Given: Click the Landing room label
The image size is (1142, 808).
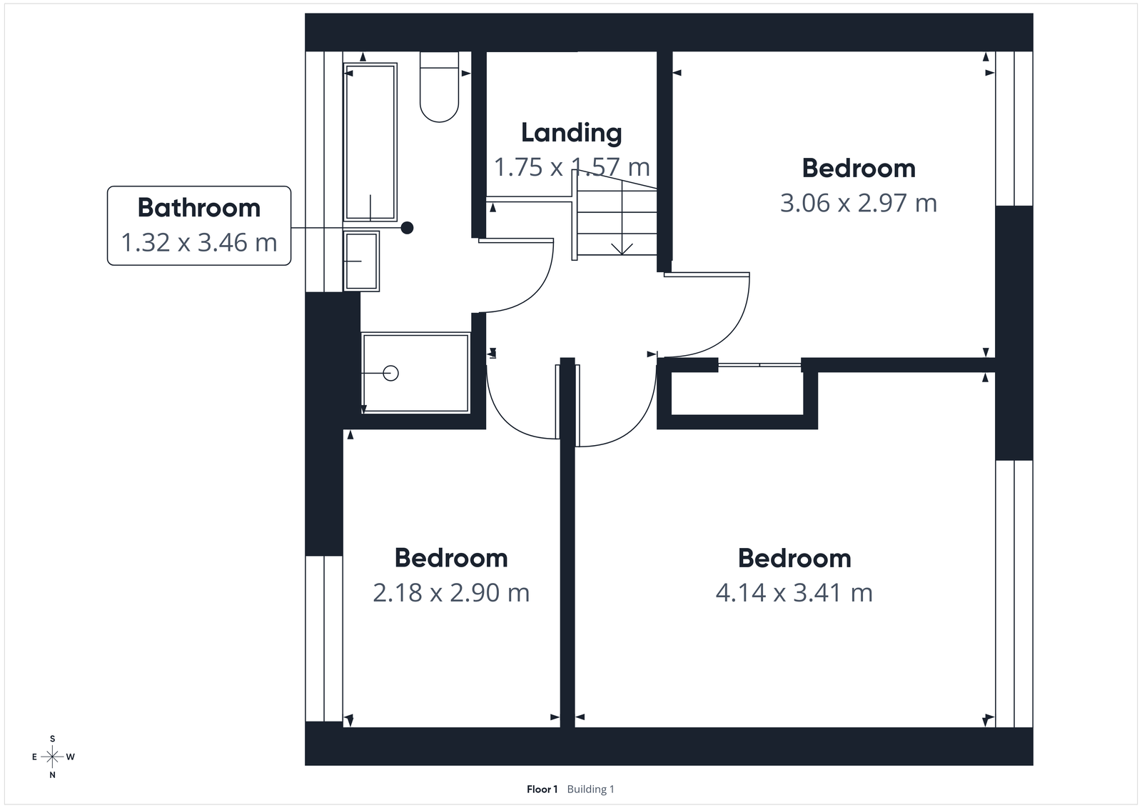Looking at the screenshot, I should point(571,133).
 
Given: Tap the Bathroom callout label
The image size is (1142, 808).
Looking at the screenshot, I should point(198,208).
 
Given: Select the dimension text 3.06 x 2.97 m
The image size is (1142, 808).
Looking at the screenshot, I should point(858,204).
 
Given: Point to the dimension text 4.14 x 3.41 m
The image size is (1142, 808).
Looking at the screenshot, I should point(794,593).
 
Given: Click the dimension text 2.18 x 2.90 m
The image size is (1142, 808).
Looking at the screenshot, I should point(451,593).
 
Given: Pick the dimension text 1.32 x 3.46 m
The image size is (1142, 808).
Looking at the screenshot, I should point(198,243).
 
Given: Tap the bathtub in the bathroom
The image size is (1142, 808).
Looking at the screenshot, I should point(370,141).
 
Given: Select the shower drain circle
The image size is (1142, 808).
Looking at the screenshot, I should point(390,373).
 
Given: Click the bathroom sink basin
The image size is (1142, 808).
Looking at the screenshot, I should point(361,261).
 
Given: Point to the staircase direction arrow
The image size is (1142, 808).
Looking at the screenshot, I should point(622,247).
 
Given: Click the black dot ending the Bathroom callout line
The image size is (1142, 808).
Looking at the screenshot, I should point(407,228).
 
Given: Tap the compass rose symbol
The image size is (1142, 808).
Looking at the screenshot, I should point(52,757).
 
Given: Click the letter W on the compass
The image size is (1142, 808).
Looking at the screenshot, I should point(71,757).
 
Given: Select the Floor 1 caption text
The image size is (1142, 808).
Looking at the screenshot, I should point(542,789).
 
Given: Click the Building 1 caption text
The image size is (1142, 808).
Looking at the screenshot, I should point(590,789).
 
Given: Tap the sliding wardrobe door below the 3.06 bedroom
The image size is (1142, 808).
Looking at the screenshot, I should point(759,365).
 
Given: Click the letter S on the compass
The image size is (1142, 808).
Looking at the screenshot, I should point(52,739).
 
